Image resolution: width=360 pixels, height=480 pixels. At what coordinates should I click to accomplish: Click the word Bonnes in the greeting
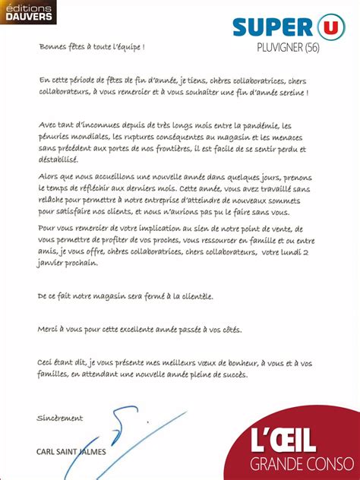(52, 46)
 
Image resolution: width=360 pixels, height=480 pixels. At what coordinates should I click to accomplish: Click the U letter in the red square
(328, 24)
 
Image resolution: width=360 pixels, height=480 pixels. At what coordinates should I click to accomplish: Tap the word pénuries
(53, 137)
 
